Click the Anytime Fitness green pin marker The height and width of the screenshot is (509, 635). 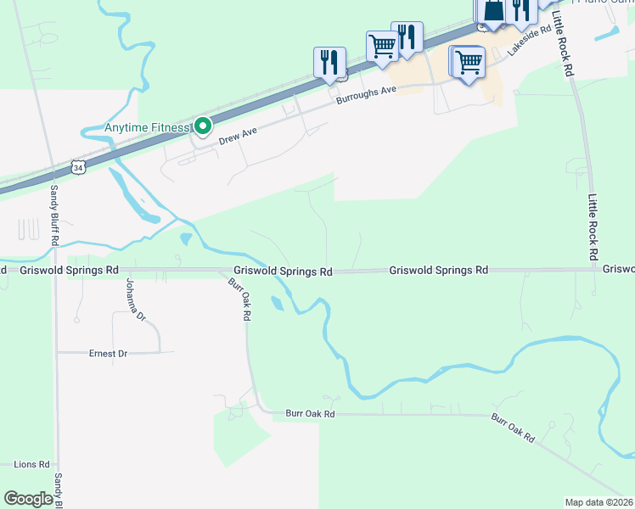pos(202,127)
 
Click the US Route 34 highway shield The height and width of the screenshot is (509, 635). pos(78,168)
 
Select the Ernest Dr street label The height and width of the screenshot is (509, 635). pos(108,352)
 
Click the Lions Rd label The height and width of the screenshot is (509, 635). pos(32,465)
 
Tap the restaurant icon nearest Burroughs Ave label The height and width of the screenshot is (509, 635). pos(329,62)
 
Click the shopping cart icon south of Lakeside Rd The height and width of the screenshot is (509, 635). pos(468,61)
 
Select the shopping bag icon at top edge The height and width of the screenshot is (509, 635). pos(495,10)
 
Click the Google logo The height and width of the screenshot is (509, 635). pos(28,499)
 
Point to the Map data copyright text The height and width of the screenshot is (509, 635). pos(598,502)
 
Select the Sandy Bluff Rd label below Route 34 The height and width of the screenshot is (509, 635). pos(53,215)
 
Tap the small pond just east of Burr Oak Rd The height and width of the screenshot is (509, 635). pos(277,303)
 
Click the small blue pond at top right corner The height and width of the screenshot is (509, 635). pos(610,33)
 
